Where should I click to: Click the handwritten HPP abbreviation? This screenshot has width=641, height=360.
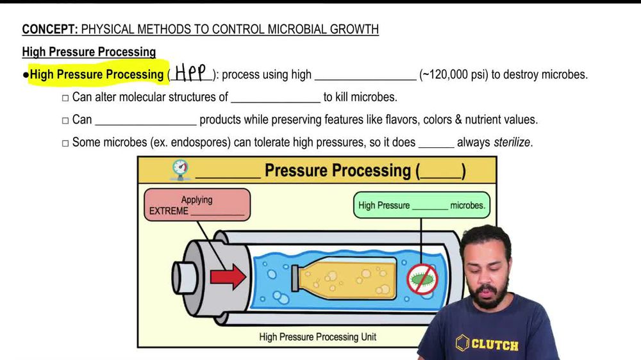click(x=190, y=74)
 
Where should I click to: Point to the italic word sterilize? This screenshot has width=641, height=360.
click(x=512, y=142)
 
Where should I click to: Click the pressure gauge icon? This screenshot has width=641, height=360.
click(x=181, y=170)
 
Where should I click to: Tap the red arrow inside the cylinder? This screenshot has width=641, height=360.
click(x=228, y=276)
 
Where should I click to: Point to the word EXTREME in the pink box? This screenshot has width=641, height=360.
click(x=169, y=211)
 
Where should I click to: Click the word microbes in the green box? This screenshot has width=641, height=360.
click(x=467, y=206)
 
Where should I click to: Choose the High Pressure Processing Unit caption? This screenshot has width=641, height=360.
click(x=317, y=336)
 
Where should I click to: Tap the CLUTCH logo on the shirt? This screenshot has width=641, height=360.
click(x=486, y=344)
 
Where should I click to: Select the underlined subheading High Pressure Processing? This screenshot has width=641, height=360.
click(x=88, y=52)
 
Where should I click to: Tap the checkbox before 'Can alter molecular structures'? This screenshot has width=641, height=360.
click(x=65, y=98)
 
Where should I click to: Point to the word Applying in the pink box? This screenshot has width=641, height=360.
click(x=196, y=200)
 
